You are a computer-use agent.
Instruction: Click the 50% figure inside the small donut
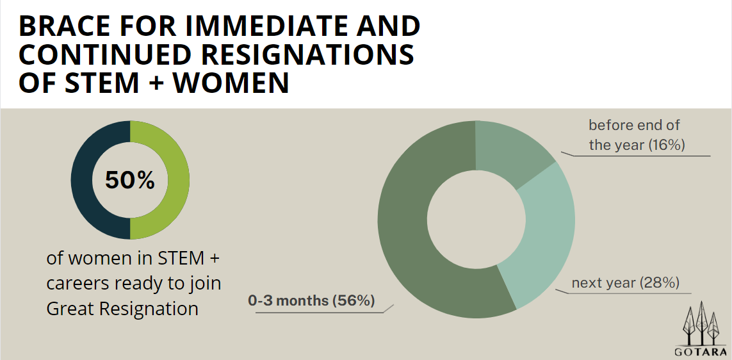pyautogui.click(x=130, y=180)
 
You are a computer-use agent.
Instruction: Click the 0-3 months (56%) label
pyautogui.click(x=311, y=300)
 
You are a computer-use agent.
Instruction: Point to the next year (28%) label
pyautogui.click(x=625, y=283)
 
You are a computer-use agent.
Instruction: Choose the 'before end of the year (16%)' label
pyautogui.click(x=637, y=135)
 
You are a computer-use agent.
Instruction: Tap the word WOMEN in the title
pyautogui.click(x=232, y=83)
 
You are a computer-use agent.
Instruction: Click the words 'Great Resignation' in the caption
pyautogui.click(x=122, y=309)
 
